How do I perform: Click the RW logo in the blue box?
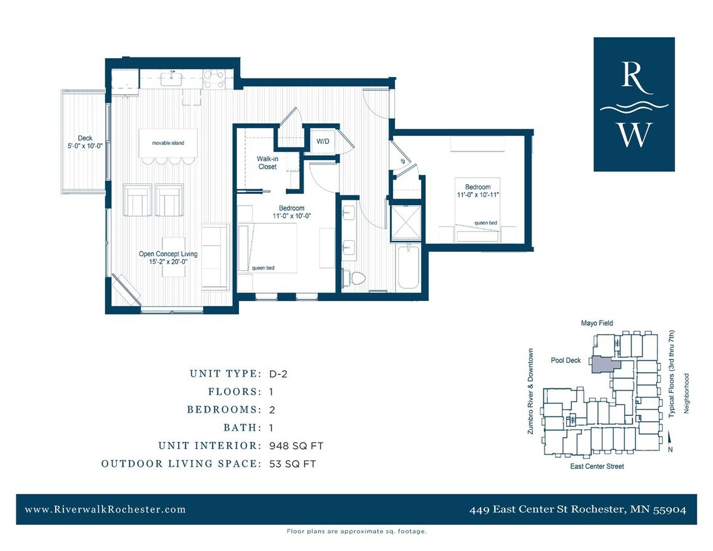634,104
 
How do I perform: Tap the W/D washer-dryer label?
323,141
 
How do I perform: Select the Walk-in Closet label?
266,163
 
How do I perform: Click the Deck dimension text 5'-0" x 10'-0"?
85,146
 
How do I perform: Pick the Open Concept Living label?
168,254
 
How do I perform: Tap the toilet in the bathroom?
356,279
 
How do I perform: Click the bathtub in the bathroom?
409,266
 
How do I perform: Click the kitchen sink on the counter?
172,80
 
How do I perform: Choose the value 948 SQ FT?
296,446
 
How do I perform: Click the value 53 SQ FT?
293,464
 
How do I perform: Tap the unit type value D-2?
279,374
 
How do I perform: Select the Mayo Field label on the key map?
597,323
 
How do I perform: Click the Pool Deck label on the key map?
565,360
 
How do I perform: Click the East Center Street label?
597,466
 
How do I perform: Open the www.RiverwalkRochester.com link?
105,510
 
